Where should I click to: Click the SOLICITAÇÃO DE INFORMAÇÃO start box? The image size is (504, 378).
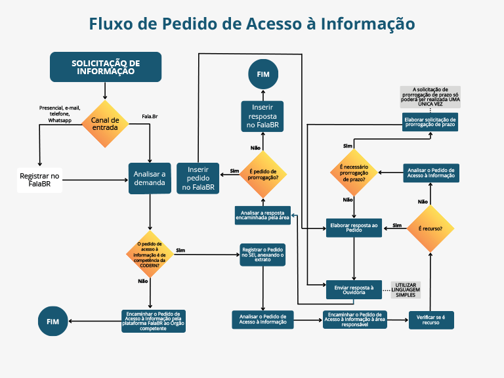click(x=106, y=67)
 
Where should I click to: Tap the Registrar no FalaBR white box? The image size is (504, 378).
click(x=40, y=180)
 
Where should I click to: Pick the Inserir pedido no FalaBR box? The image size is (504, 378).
click(x=198, y=178)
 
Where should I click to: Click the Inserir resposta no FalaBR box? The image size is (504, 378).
click(x=262, y=115)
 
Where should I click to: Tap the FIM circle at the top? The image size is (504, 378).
click(x=262, y=74)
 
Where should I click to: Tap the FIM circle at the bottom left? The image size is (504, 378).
click(x=52, y=321)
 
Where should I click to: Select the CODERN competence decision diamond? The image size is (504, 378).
click(x=151, y=253)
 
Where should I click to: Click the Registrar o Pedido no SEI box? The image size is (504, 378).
click(x=262, y=255)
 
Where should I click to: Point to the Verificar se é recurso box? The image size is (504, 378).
click(x=430, y=320)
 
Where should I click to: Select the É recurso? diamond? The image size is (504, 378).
click(x=430, y=228)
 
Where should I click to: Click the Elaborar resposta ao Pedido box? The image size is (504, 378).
click(x=354, y=228)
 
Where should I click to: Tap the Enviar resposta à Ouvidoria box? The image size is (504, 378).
click(x=354, y=289)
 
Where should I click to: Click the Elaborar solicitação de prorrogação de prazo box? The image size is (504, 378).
click(x=430, y=121)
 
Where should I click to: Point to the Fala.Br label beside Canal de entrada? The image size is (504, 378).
click(x=150, y=117)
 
